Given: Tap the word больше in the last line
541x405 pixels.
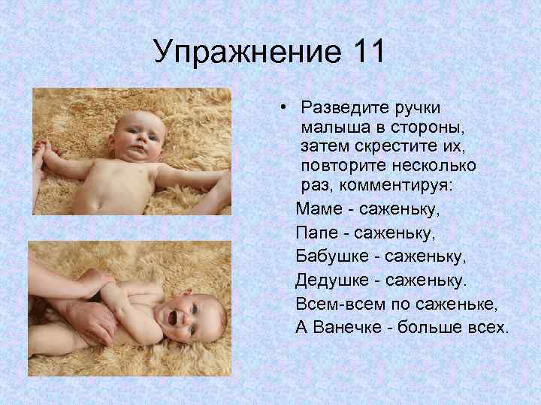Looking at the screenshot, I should click(x=434, y=328).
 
